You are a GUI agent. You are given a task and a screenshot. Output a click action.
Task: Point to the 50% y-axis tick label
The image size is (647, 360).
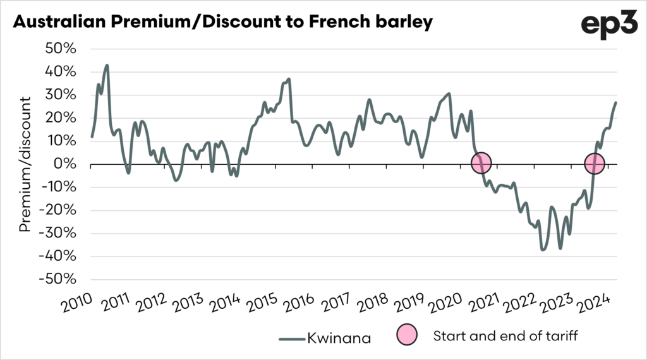click(x=60, y=49)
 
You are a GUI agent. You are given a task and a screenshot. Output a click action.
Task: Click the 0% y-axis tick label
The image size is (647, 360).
click(x=66, y=164)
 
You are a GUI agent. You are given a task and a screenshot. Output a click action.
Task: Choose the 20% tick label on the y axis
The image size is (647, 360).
click(x=61, y=118)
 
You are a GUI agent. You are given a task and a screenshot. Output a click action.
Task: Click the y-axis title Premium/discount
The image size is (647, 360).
click(x=25, y=164)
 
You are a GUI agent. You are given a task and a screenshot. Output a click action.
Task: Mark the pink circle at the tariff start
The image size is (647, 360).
click(x=481, y=164)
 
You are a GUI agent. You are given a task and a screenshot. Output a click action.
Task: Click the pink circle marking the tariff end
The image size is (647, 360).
click(x=594, y=164)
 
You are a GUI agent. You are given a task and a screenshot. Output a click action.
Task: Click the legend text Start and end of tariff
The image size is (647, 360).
click(x=505, y=336)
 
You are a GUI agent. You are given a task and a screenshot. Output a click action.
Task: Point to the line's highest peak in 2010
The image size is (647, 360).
click(x=107, y=65)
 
